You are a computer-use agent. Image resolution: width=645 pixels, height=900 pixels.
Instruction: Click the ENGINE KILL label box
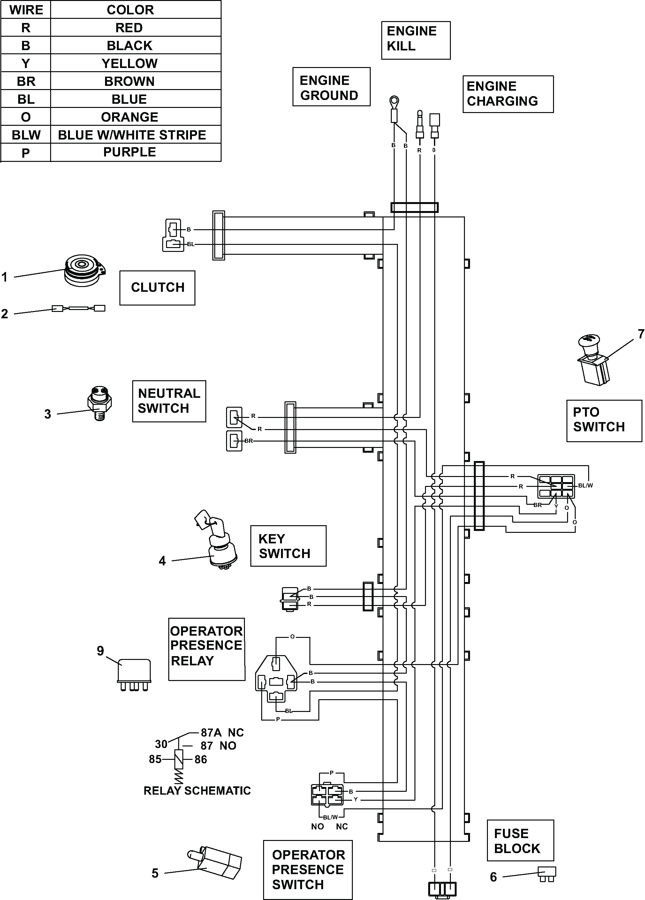coord(416,40)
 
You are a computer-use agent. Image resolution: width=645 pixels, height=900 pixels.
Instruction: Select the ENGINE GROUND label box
coord(331,87)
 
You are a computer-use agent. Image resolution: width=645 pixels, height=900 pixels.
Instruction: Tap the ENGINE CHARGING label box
coord(508,94)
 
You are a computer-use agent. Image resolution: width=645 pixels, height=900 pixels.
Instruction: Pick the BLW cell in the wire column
coord(26,135)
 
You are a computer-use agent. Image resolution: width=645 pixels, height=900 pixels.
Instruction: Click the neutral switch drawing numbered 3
coord(99,403)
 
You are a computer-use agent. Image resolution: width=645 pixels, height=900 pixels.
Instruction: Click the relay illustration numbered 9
coord(134,675)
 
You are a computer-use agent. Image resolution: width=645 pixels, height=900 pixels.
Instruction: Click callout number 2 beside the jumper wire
coord(5,314)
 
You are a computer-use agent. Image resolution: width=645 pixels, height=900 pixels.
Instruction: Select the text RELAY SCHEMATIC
coord(197,790)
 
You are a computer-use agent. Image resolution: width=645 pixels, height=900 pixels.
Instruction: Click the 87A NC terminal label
coord(222,732)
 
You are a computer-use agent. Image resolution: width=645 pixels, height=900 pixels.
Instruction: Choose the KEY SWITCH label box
coord(288,546)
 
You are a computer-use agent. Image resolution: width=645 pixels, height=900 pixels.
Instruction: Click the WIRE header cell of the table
coord(26,10)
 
